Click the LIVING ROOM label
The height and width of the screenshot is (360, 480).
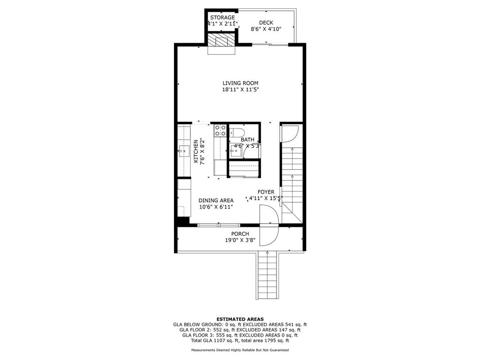pyautogui.click(x=240, y=83)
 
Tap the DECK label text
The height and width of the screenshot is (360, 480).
pyautogui.click(x=266, y=22)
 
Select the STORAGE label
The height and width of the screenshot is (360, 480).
pyautogui.click(x=222, y=17)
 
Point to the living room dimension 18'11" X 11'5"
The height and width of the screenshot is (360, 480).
pyautogui.click(x=240, y=90)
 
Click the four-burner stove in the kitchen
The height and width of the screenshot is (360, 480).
pyautogui.click(x=220, y=130)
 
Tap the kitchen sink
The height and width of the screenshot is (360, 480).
pyautogui.click(x=183, y=150)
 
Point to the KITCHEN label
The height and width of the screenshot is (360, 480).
pyautogui.click(x=196, y=151)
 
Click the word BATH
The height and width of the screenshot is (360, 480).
pyautogui.click(x=247, y=140)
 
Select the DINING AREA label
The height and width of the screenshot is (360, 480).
pyautogui.click(x=216, y=200)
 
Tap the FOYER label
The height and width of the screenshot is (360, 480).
pyautogui.click(x=266, y=192)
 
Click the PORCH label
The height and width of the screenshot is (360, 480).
pyautogui.click(x=240, y=234)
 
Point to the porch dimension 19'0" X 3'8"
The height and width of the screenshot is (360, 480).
pyautogui.click(x=240, y=240)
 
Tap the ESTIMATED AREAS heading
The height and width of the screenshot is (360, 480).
pyautogui.click(x=240, y=319)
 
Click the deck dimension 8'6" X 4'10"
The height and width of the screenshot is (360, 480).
pyautogui.click(x=266, y=29)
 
